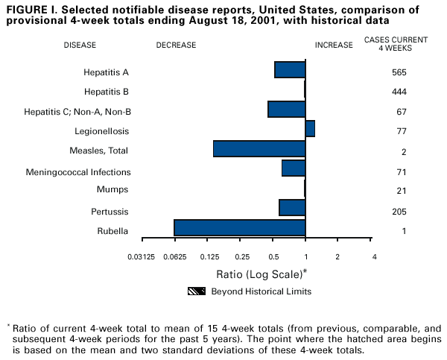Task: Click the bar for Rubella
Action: [239, 227]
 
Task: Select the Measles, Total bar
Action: [259, 148]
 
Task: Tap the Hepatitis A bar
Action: [290, 69]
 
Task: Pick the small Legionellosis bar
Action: [310, 128]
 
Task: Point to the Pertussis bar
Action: [292, 207]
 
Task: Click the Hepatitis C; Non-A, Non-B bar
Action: [286, 109]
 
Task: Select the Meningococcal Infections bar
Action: [294, 168]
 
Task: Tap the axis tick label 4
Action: [374, 257]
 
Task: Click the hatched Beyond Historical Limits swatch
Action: [196, 291]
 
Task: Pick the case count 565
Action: [399, 72]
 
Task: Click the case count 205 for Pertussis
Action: [399, 211]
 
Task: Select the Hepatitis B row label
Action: [107, 92]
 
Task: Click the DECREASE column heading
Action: [177, 45]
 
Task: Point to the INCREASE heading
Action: [334, 45]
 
